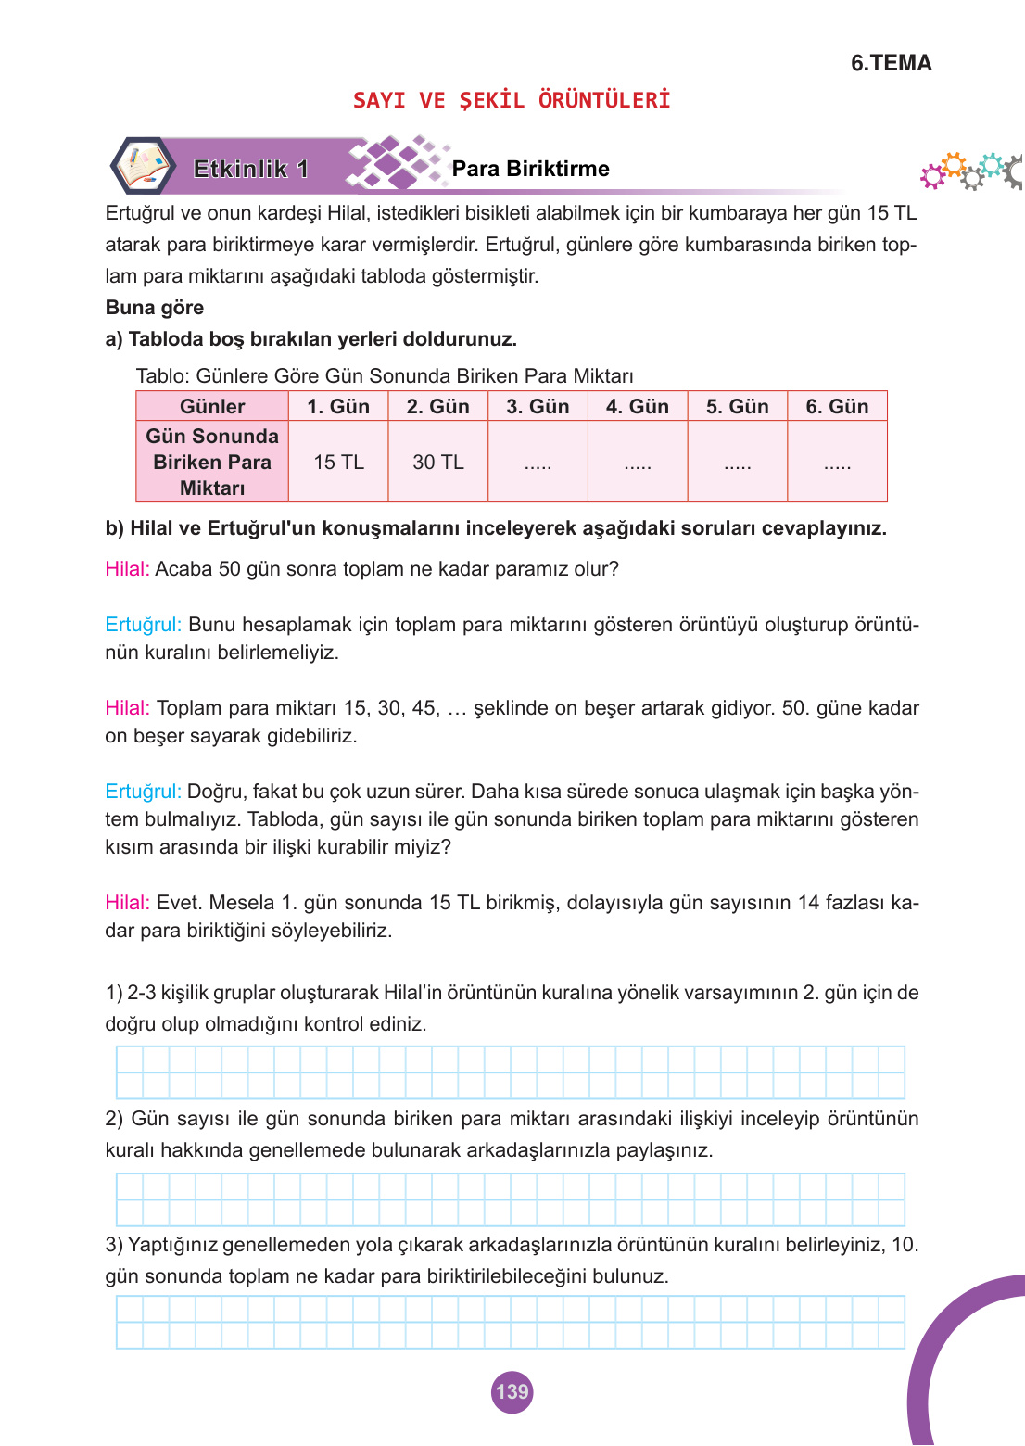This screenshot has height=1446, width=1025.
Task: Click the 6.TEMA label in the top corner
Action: (891, 63)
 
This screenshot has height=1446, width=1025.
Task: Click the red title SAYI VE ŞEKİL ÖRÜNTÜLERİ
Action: (512, 100)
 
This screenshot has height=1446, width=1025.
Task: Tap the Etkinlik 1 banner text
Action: (250, 169)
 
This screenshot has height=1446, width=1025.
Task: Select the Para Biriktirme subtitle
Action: (530, 169)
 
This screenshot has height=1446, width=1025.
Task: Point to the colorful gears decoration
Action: (971, 171)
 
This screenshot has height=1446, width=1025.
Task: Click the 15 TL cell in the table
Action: (338, 462)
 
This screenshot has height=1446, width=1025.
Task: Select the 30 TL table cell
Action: (437, 462)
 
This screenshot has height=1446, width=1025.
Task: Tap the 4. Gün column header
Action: (637, 407)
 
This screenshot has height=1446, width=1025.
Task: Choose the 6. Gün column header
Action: (837, 407)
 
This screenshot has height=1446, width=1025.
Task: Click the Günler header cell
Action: (212, 407)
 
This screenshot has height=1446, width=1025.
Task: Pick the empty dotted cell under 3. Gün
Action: (538, 463)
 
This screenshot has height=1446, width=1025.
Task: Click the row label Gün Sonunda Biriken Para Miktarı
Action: (212, 462)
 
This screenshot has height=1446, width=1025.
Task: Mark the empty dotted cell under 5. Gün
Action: (737, 463)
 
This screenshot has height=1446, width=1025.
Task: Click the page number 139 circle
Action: (512, 1391)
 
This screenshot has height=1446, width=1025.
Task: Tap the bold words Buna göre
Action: (155, 308)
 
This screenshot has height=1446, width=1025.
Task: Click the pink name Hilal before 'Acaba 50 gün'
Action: (127, 569)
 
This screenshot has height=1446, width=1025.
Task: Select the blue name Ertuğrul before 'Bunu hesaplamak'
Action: (143, 625)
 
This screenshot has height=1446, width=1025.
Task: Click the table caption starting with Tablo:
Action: (385, 376)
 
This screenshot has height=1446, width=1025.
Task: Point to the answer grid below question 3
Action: (510, 1322)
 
